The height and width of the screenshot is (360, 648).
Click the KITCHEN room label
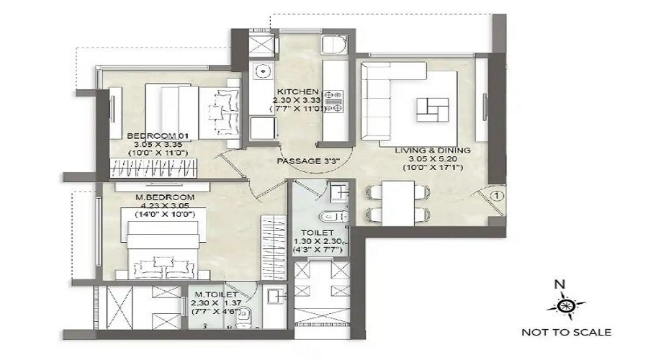pos(297,91)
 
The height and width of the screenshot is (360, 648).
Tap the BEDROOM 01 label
pos(158,136)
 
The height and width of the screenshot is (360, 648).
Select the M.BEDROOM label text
pos(165,197)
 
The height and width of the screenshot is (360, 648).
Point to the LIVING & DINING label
pos(433,150)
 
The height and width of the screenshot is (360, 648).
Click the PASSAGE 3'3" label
pos(308,161)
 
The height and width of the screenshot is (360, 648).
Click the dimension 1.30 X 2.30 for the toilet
pos(318,241)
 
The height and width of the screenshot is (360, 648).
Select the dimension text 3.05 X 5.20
pos(433,159)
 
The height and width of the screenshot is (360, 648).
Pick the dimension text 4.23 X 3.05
pos(165,206)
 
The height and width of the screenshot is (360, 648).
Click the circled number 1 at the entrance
pos(497,196)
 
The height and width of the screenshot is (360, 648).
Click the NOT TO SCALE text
pos(566,333)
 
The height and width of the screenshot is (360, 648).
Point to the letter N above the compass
pos(559,284)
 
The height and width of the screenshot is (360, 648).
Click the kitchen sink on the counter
pos(262,71)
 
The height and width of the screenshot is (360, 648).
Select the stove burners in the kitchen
pos(333,102)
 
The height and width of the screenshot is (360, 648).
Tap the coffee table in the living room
pos(433,109)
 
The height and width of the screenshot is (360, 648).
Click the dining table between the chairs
pos(398,203)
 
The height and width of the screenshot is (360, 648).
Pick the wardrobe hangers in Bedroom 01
pos(153,168)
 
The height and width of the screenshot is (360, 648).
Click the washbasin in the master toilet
pos(276,297)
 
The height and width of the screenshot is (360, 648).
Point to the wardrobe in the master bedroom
pos(274,248)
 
